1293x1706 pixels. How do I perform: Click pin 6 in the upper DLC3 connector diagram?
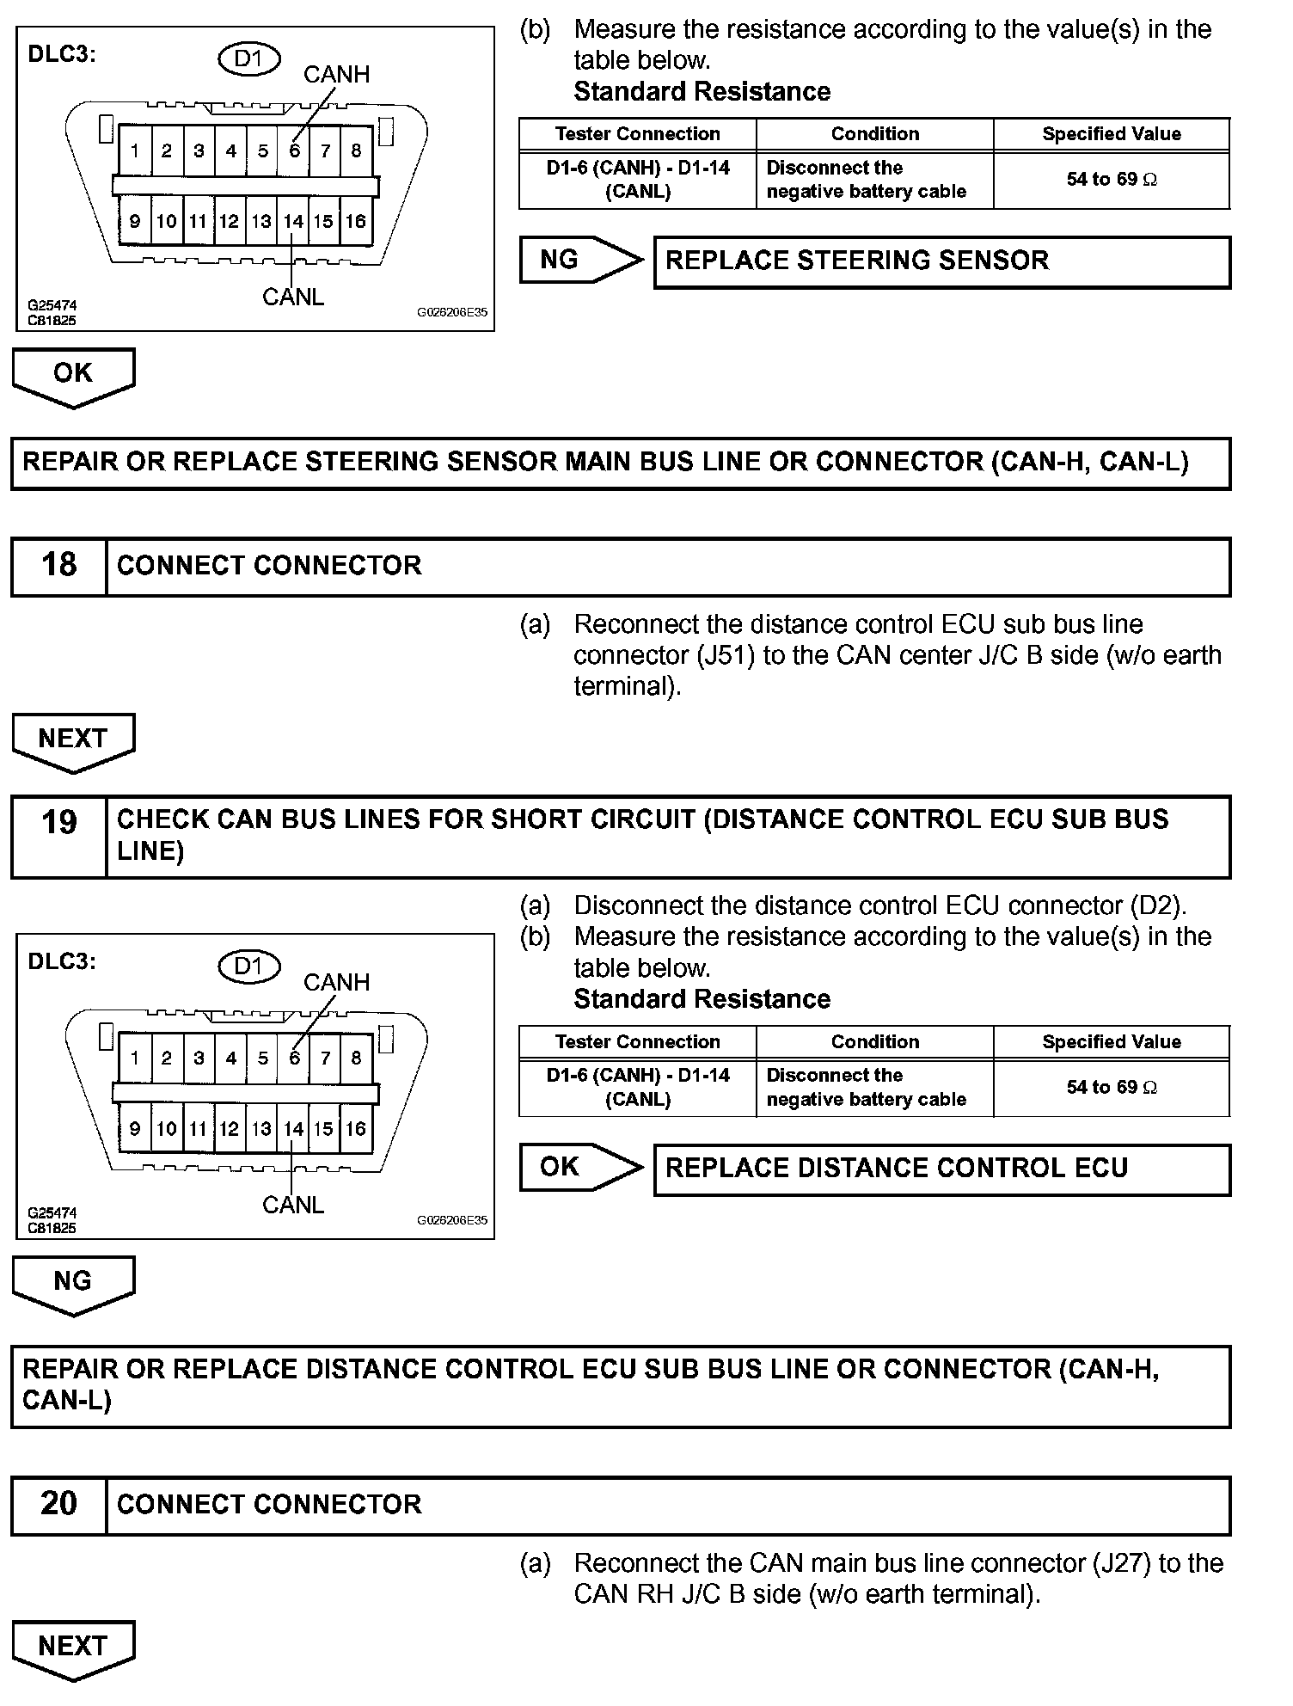(x=294, y=151)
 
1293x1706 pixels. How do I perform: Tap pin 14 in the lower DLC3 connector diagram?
(x=293, y=1129)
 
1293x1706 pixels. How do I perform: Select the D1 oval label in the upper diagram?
(x=248, y=58)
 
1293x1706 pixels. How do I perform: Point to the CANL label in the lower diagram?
(x=293, y=1205)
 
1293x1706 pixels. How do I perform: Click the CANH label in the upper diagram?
(x=336, y=75)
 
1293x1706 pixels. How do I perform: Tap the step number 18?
(x=58, y=565)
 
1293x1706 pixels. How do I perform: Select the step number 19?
(x=58, y=823)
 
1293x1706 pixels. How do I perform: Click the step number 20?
(x=58, y=1504)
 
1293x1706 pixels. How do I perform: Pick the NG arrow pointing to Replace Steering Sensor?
(x=580, y=260)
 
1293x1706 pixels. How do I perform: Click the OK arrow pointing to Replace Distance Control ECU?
(x=580, y=1167)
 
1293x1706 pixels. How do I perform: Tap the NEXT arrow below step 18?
(x=73, y=739)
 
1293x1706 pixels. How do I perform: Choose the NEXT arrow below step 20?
(x=73, y=1647)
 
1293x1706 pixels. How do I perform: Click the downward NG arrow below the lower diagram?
(x=73, y=1282)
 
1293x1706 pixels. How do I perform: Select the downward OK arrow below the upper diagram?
(x=73, y=374)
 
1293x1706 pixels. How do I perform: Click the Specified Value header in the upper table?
(x=1111, y=134)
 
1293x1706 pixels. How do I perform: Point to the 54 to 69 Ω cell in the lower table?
(x=1111, y=1088)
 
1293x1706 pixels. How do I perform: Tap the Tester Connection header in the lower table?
(x=637, y=1042)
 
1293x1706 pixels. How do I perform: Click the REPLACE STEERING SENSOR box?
(x=941, y=261)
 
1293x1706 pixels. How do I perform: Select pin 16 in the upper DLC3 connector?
(x=355, y=222)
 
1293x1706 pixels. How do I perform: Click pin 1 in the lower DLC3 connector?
(x=135, y=1059)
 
